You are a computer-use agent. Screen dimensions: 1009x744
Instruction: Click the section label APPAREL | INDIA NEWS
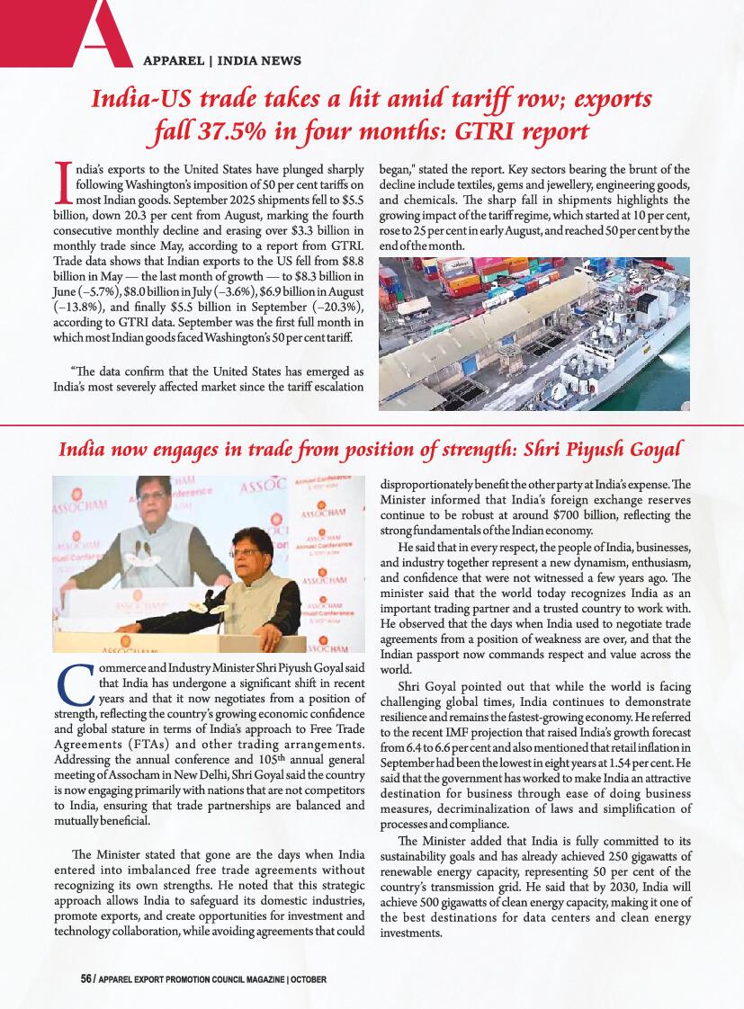click(x=222, y=61)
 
